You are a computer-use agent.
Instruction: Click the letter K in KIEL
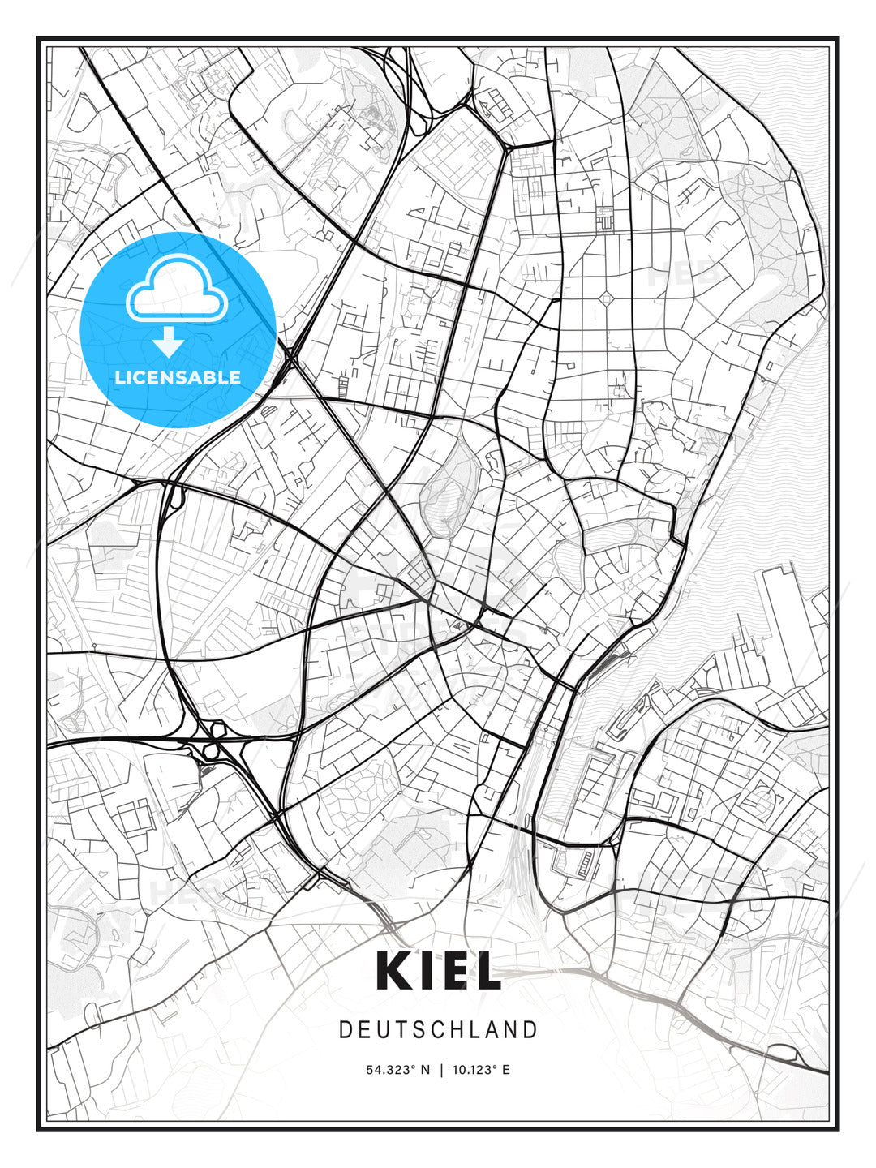(x=396, y=970)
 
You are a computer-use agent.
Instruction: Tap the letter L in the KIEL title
(x=486, y=970)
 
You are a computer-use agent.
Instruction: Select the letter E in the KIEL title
(x=453, y=970)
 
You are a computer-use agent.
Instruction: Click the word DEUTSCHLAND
(x=438, y=1030)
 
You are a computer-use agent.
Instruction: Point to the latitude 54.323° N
(x=398, y=1070)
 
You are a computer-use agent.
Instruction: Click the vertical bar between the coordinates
(x=441, y=1070)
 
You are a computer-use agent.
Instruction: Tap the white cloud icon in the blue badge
(x=176, y=287)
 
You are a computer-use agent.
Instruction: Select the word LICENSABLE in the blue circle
(x=178, y=377)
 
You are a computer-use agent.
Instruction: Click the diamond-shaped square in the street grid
(x=607, y=299)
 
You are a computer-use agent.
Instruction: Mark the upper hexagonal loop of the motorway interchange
(x=217, y=727)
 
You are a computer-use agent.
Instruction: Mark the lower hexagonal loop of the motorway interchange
(x=210, y=750)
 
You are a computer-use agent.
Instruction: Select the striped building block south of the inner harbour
(x=584, y=865)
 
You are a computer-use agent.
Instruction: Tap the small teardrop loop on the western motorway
(x=173, y=496)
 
